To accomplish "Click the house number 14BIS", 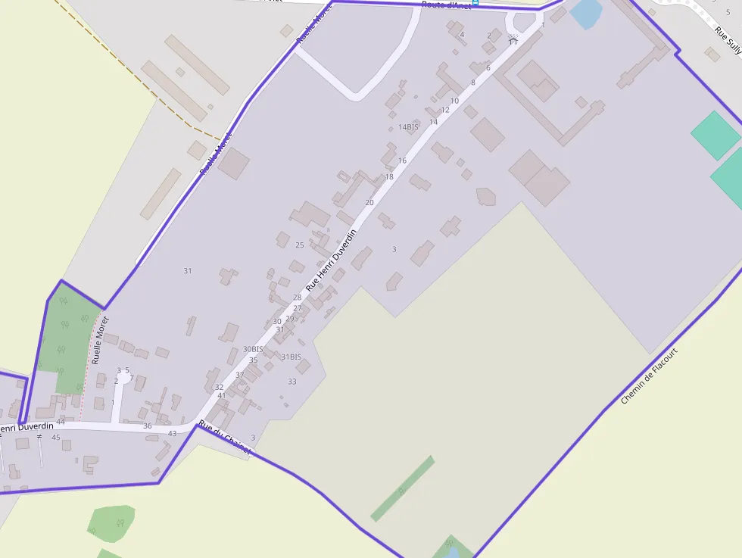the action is coord(408,127).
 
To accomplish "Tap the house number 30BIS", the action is coord(253,349).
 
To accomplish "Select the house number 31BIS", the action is coord(291,357).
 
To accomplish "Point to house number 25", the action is coord(299,245).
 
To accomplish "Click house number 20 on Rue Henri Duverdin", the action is coord(369,202).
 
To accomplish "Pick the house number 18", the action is coord(389,176).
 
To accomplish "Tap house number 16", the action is coord(402,161).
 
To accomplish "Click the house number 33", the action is coord(291,382).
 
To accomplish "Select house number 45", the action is coord(55,438).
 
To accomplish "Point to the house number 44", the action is coord(61,422).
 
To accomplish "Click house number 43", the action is coord(172,433).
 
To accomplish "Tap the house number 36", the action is coord(148,426).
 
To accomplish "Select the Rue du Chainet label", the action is coord(224,438).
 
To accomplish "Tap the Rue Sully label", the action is coord(728,42).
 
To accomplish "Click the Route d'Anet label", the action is coord(446,5).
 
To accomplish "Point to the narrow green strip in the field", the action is coord(403,488).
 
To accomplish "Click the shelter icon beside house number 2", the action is coord(513,39).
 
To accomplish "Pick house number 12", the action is coord(445,110).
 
